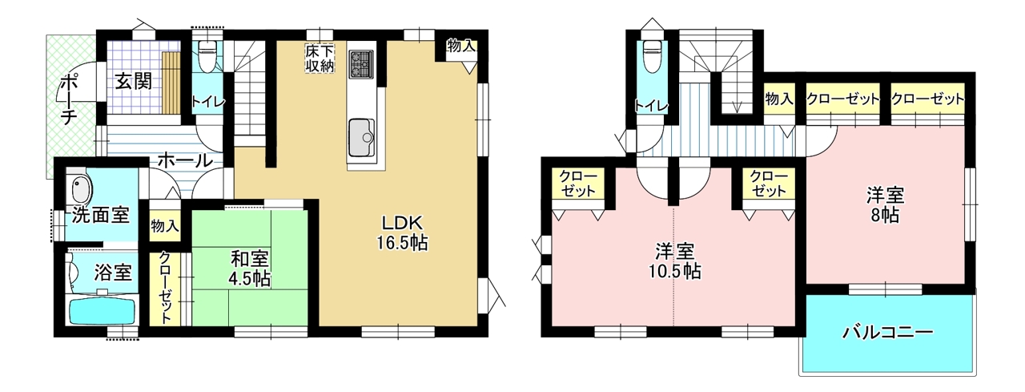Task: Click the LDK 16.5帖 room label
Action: (x=402, y=232)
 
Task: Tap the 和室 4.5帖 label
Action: (x=249, y=269)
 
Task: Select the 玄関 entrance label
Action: (x=133, y=82)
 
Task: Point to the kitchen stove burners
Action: (x=361, y=63)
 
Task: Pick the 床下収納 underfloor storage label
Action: (x=320, y=58)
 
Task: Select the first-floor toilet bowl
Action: (x=207, y=57)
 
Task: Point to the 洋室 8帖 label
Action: (x=886, y=205)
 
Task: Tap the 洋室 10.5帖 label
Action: (x=675, y=261)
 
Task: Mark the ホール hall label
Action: (x=185, y=161)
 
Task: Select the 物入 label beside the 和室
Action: (x=165, y=226)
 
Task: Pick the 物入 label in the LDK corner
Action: (x=460, y=46)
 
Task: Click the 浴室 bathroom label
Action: (x=113, y=273)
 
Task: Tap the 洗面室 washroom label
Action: (x=101, y=215)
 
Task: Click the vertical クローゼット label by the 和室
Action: (x=165, y=288)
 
